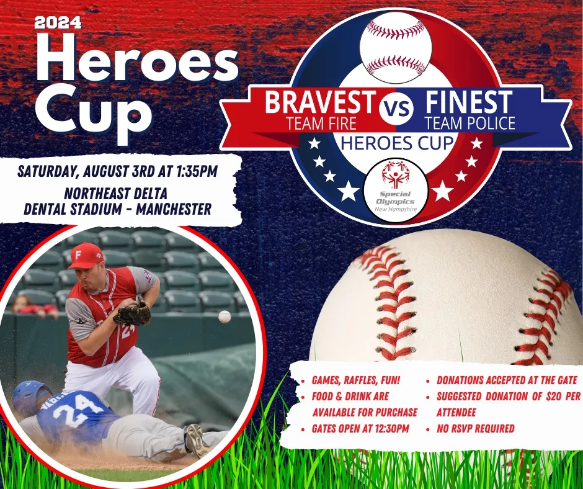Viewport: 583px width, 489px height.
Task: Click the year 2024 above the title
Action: (58, 23)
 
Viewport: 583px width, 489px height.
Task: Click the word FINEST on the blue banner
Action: (468, 102)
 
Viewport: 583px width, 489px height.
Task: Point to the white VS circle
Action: (396, 109)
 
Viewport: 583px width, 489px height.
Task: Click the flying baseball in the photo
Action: (225, 316)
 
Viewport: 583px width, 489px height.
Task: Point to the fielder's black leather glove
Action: (132, 313)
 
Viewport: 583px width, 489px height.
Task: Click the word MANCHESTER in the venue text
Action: (174, 209)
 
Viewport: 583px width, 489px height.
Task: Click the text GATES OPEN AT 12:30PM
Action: (360, 429)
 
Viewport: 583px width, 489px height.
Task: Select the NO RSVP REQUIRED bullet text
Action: (476, 429)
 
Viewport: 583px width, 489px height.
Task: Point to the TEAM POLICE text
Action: (470, 123)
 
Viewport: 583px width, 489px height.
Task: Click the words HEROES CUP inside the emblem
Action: (398, 143)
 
